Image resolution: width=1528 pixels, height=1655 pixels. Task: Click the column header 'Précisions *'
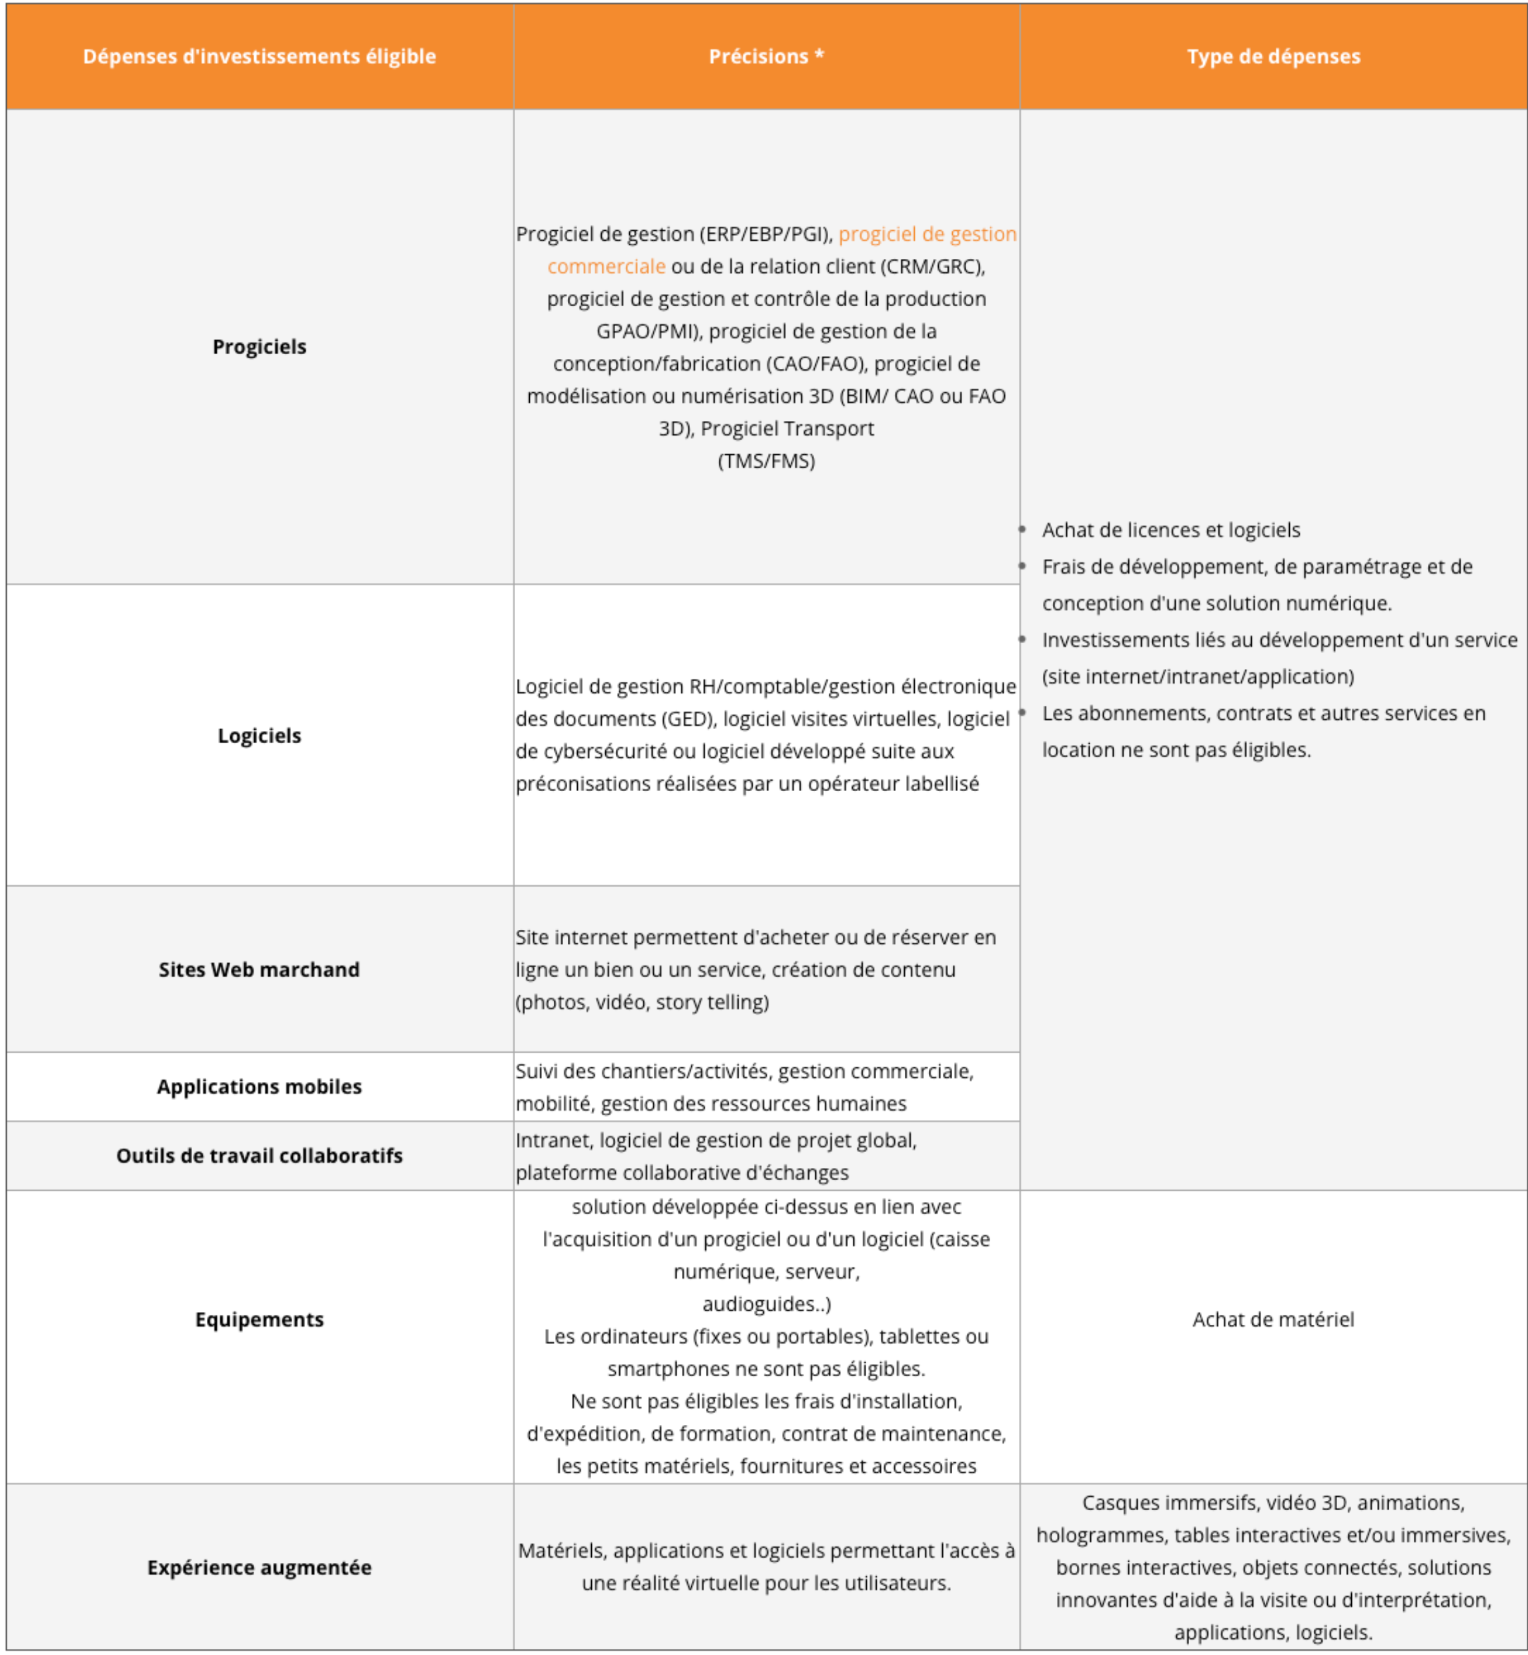[x=765, y=56]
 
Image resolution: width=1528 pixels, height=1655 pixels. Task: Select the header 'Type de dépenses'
[x=1273, y=56]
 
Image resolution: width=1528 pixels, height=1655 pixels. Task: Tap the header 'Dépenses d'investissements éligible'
[x=259, y=56]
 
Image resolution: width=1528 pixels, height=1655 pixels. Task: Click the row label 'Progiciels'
[x=259, y=346]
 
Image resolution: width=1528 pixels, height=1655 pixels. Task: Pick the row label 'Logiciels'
[x=259, y=736]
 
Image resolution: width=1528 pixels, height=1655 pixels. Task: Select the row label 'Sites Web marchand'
[x=259, y=970]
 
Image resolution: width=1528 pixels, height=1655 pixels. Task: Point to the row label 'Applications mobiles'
[x=259, y=1086]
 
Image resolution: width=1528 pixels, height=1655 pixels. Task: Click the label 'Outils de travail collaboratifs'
[x=259, y=1155]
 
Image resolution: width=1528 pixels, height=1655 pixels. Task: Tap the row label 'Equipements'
[x=259, y=1319]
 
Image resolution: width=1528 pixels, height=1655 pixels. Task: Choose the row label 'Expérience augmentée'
[x=259, y=1568]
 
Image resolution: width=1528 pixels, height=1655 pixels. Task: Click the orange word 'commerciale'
[x=606, y=266]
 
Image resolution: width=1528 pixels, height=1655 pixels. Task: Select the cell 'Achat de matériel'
[x=1273, y=1319]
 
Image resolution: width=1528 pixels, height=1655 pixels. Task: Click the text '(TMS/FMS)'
[x=765, y=462]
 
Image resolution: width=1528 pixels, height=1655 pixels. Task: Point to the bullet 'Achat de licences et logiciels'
[x=1171, y=530]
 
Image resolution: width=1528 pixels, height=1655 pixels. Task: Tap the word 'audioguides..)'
[x=765, y=1303]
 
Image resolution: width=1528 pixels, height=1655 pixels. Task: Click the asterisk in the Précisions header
[x=819, y=55]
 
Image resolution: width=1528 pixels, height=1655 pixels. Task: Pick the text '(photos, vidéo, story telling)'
[x=642, y=1002]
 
